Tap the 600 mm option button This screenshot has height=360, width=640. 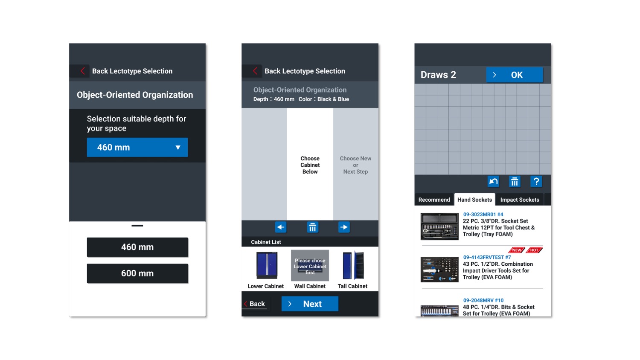tap(137, 273)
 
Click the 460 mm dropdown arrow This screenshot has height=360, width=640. tap(178, 148)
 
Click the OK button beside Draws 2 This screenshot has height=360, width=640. tap(514, 75)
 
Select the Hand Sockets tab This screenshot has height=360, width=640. tap(474, 200)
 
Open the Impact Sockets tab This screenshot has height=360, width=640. tap(520, 200)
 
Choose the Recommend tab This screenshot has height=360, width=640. tap(434, 200)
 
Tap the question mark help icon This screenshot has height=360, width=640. tap(536, 181)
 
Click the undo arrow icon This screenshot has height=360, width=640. tap(493, 181)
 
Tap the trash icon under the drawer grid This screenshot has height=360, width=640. tap(515, 181)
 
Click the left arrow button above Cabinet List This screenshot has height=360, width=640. tap(281, 227)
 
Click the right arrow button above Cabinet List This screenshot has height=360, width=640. tap(344, 227)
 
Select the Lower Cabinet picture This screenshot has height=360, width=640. tap(267, 265)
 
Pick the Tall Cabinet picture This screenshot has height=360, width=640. tap(353, 265)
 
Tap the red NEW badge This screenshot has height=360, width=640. tap(517, 250)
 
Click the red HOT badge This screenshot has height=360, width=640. tap(534, 250)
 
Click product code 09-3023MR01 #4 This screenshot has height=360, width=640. tap(483, 214)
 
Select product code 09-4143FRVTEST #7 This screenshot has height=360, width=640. tap(487, 257)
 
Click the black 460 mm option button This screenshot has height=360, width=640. tap(137, 247)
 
